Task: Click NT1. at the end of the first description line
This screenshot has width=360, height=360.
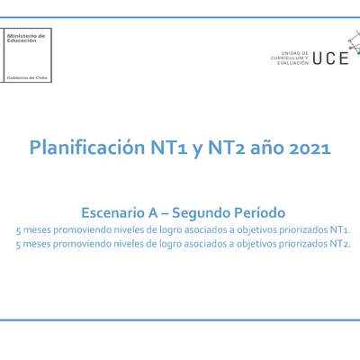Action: click(x=341, y=229)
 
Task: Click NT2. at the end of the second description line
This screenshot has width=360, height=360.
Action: click(x=341, y=243)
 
